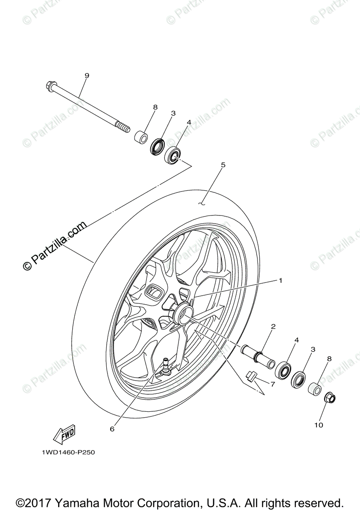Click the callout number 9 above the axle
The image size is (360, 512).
point(87,76)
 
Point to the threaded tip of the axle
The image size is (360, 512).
point(123,127)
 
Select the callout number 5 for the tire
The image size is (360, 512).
point(223,164)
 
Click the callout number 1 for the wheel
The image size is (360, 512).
point(281,280)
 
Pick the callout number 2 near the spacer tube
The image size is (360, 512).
point(273,326)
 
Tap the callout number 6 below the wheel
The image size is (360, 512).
point(112,429)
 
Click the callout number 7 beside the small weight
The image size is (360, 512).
point(272,384)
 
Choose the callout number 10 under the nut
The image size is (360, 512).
point(319,425)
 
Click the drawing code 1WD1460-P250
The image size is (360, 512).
point(68,452)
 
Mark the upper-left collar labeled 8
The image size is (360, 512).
point(141,137)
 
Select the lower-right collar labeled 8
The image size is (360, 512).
point(315,389)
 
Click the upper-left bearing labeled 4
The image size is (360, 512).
point(172,154)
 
